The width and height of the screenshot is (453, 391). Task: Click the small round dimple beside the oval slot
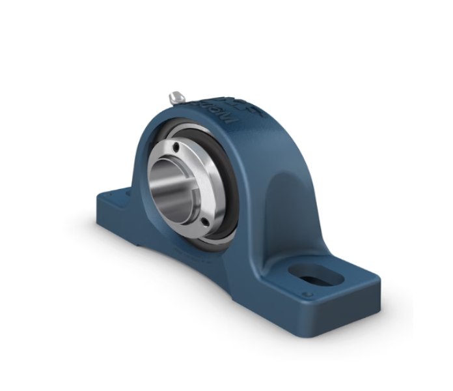[308, 295]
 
